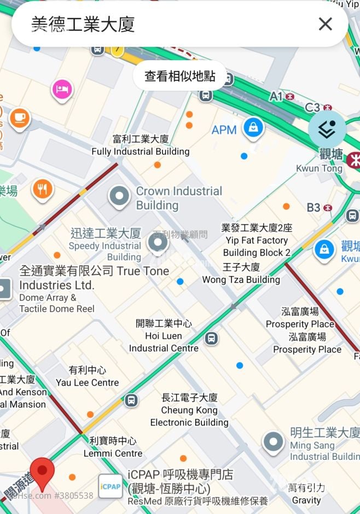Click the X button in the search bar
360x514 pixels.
(325, 24)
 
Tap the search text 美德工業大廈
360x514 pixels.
(83, 24)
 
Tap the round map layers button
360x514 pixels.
(327, 130)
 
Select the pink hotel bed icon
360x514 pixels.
(62, 89)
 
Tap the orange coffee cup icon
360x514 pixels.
(20, 118)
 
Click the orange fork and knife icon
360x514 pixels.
(42, 189)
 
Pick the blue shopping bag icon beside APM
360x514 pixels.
(253, 128)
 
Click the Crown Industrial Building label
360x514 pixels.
(178, 198)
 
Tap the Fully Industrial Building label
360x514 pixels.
(141, 145)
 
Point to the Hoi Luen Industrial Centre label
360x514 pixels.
(164, 336)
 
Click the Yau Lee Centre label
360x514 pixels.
(87, 377)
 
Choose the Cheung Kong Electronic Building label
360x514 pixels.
(189, 410)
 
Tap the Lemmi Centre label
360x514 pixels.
(113, 447)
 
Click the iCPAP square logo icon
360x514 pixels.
(110, 486)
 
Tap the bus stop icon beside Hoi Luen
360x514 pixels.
(211, 338)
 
